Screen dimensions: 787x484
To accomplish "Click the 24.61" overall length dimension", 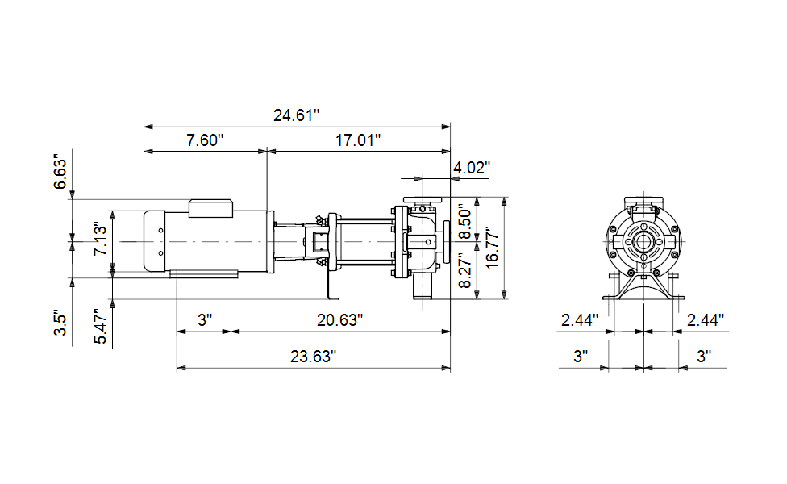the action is (296, 115).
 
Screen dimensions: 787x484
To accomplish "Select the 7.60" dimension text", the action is (205, 140).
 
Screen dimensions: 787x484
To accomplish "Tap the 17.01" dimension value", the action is (358, 140).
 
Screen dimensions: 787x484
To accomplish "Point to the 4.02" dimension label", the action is (472, 167).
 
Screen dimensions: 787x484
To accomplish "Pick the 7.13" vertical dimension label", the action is (100, 240).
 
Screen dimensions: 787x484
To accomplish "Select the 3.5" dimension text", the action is (60, 324).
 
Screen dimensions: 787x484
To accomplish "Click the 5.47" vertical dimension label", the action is (100, 327).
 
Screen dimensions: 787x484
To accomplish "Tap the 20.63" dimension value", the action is (339, 319).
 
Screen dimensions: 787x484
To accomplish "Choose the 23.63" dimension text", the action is (313, 357).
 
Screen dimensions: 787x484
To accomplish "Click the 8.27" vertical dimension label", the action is (465, 270).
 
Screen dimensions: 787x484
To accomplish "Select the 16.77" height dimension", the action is (493, 248).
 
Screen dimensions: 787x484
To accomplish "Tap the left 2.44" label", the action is (580, 319).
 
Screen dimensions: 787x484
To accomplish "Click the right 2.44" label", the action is (706, 319).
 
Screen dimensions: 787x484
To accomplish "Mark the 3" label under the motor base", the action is (205, 319).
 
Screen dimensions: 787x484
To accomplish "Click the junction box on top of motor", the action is (210, 209).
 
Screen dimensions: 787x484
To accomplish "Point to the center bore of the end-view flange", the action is (643, 242).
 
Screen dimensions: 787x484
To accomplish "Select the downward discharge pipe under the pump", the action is (423, 288).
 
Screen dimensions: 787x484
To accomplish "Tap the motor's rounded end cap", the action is (155, 241).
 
